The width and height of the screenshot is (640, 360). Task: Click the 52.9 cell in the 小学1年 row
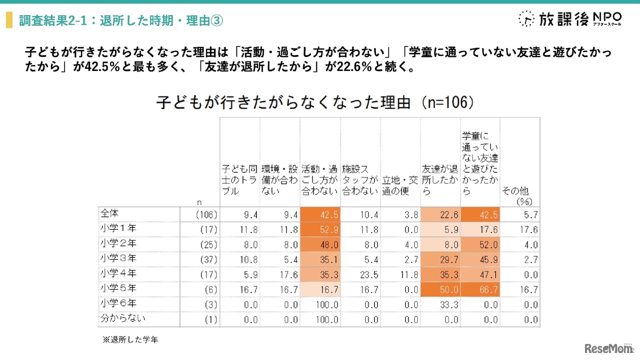320,230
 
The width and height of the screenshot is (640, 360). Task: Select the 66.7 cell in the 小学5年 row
480,290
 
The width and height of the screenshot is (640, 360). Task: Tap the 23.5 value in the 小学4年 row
360,275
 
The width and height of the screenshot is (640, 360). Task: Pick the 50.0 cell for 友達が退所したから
440,290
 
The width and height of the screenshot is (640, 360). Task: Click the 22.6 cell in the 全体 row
440,215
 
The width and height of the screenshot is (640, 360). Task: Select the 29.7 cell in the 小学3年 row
440,260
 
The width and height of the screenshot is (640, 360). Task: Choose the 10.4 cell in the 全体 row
360,215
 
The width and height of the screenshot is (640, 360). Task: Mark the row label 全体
109,213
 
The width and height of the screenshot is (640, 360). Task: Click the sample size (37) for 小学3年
208,260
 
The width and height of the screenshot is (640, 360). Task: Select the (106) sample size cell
206,215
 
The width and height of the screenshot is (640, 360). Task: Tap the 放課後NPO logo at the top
570,19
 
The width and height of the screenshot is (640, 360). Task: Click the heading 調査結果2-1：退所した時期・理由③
120,20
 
